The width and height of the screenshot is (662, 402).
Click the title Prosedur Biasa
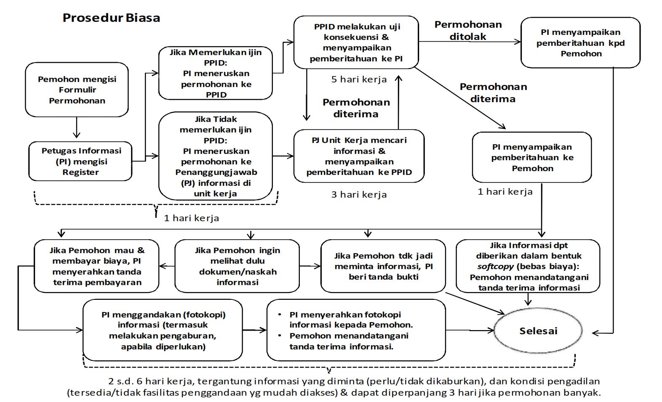coord(111,18)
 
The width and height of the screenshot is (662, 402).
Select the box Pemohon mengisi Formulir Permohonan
coord(77,90)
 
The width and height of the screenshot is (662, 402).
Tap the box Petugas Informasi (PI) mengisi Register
coord(80,161)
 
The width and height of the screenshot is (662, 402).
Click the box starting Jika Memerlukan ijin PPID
coord(216,73)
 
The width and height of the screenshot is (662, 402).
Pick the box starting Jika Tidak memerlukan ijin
coord(216,156)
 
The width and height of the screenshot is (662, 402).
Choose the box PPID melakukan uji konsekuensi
coord(356,42)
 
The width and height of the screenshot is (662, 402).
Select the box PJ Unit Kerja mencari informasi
coord(359,156)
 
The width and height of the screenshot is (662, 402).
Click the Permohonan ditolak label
coord(468,30)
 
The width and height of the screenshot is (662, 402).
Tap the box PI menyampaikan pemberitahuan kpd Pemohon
coord(580,42)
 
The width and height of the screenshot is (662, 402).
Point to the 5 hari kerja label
coord(359,79)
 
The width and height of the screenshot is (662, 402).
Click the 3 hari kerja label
coord(359,195)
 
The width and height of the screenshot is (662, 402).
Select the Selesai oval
coord(538,331)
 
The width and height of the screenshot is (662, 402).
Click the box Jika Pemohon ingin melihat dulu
coord(237,266)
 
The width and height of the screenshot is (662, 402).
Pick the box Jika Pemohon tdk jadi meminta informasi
coord(383,266)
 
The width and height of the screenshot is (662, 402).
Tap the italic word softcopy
coord(495,267)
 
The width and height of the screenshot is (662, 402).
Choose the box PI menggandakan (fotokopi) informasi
coord(163,330)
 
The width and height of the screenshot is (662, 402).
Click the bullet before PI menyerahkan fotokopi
coord(280,315)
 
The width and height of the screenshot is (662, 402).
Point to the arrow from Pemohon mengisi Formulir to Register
coord(77,127)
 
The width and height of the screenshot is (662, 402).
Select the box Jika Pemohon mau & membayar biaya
coord(96,266)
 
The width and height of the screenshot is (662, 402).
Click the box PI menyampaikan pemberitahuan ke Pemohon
coord(532,157)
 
